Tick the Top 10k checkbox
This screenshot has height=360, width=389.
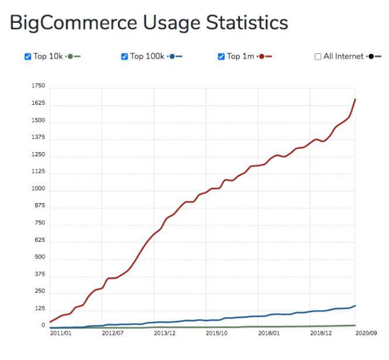pos(27,57)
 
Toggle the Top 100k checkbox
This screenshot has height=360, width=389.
pos(124,57)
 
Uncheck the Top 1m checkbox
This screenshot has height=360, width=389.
pos(221,57)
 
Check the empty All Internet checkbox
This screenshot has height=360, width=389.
pos(318,57)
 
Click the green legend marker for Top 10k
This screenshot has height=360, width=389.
pos(71,57)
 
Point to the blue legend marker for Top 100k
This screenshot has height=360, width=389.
pos(173,57)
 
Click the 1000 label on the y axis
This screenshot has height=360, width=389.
pos(38,189)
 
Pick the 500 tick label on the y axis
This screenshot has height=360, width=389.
pos(40,258)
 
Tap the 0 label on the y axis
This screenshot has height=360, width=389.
pos(43,325)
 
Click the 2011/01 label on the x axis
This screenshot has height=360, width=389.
pos(60,334)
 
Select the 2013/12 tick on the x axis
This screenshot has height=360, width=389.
pos(164,334)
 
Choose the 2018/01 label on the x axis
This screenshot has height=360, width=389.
pos(269,334)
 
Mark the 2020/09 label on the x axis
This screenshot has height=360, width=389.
pos(366,334)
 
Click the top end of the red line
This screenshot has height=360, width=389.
pos(356,99)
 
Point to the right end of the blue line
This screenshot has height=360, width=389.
pos(356,306)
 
